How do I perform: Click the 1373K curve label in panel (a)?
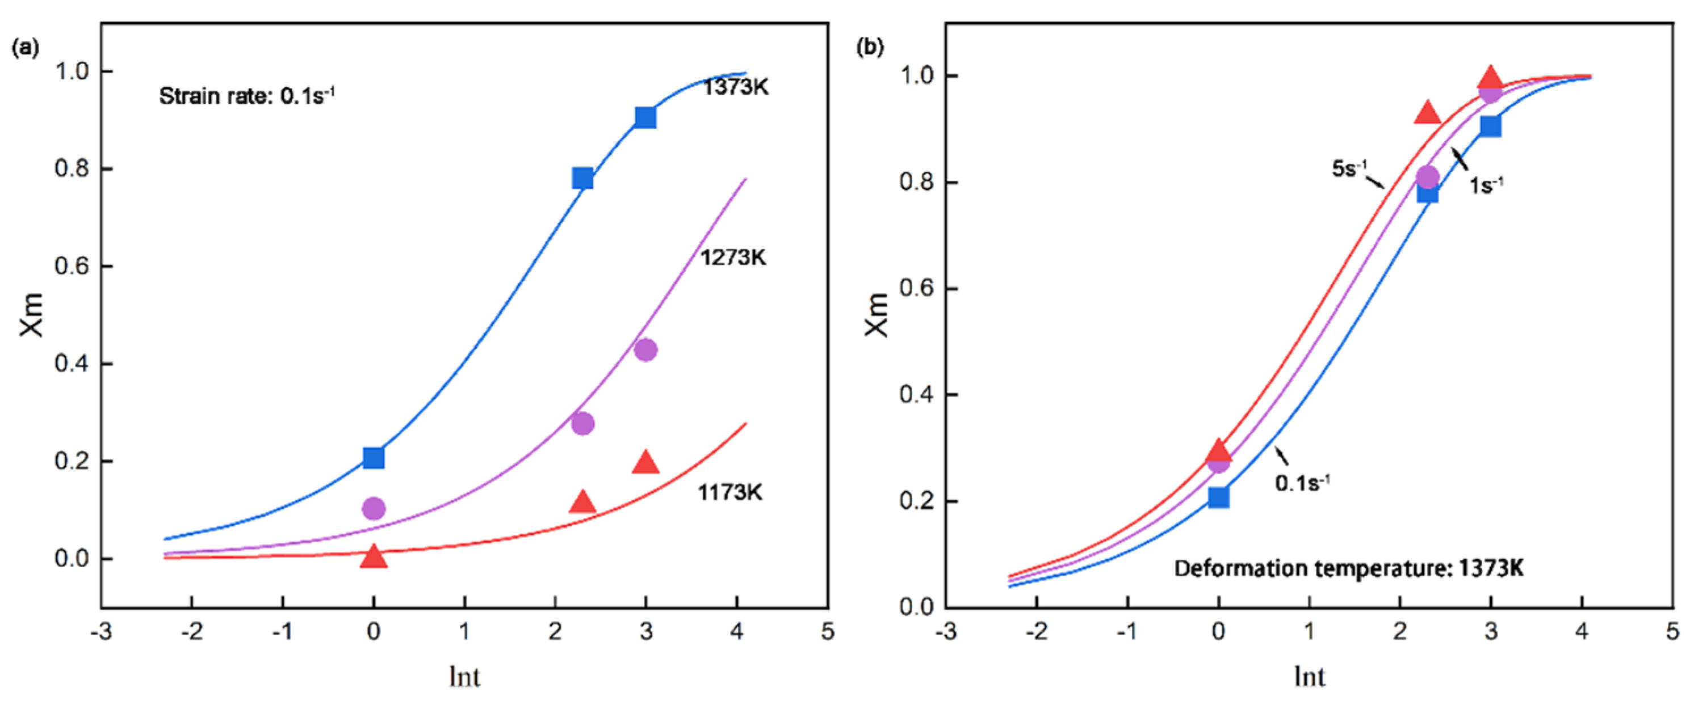[735, 87]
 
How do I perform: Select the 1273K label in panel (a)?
[732, 257]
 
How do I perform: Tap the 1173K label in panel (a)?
[730, 492]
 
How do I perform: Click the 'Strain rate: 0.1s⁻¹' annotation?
[246, 96]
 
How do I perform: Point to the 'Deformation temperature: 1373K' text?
[1348, 568]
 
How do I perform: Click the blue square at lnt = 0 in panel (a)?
[374, 457]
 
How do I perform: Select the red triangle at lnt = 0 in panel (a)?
[374, 556]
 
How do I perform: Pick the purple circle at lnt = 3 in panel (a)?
[646, 349]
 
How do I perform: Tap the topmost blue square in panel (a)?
[646, 117]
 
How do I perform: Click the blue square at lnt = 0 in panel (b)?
[1218, 497]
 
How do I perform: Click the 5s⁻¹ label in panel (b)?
[1349, 169]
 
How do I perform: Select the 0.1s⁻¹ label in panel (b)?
[1302, 484]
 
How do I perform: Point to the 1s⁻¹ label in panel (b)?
[1486, 186]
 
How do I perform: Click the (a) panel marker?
[26, 47]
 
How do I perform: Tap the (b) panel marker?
[870, 47]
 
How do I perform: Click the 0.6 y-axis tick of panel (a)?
[72, 266]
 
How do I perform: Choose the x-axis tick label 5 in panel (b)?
[1672, 631]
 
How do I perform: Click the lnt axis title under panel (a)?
[464, 677]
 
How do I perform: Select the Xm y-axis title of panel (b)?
[877, 315]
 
